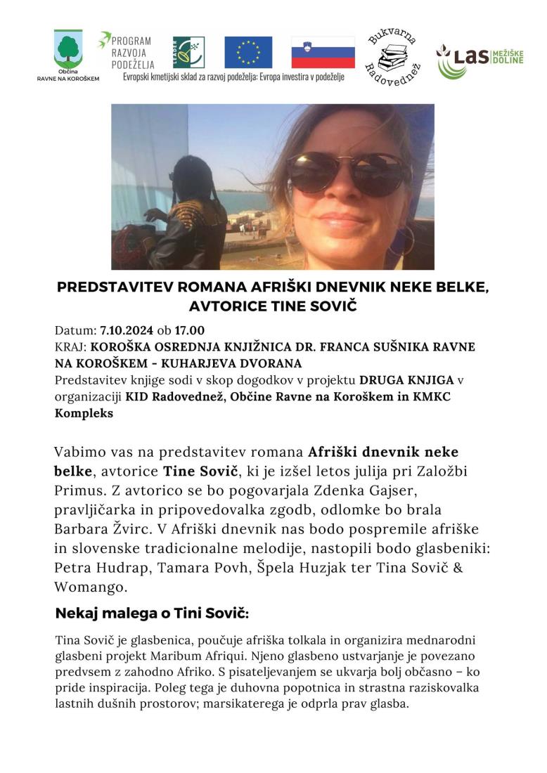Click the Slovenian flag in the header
323,51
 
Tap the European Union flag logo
248,51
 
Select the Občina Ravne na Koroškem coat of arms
68,49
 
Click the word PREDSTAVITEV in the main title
109,288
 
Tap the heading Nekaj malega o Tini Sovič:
151,613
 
